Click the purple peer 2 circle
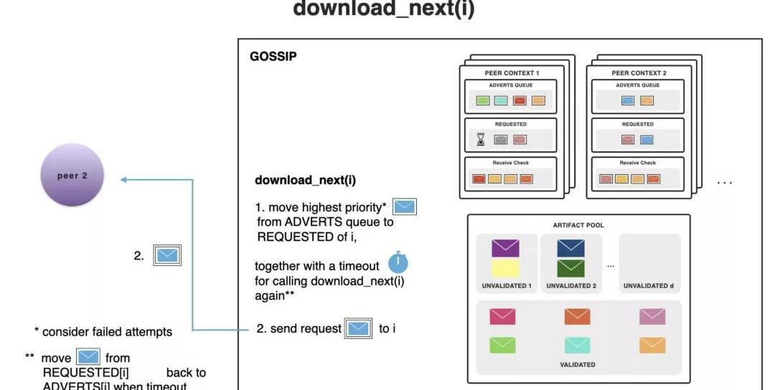[72, 176]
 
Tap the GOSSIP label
[273, 56]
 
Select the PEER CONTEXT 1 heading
[512, 73]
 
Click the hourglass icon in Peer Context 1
[482, 139]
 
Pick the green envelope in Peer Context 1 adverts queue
[483, 100]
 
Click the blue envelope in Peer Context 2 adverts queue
[628, 100]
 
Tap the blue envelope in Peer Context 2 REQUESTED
[647, 139]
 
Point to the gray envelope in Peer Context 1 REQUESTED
[501, 139]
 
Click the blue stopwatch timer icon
[398, 262]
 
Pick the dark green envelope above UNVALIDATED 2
[570, 268]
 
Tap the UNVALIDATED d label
[648, 286]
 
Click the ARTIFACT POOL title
[578, 225]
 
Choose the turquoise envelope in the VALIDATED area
[577, 345]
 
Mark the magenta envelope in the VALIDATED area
[502, 315]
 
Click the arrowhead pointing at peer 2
[123, 180]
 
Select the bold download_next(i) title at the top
[383, 10]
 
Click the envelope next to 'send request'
[359, 329]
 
